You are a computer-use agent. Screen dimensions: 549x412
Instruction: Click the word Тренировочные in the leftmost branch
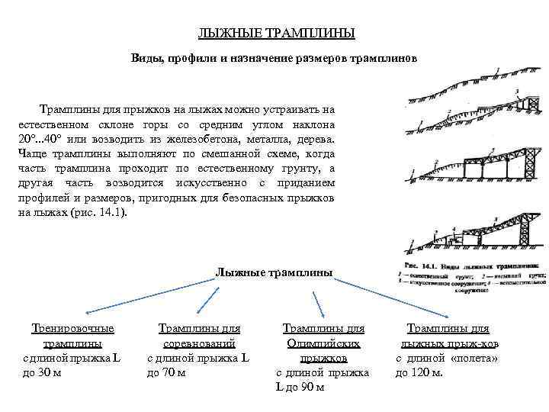(x=73, y=329)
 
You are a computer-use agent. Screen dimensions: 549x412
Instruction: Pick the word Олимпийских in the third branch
(x=323, y=343)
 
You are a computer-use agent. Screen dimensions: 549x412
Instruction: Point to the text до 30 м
(x=42, y=372)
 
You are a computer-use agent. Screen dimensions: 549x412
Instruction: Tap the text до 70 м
(x=165, y=372)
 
